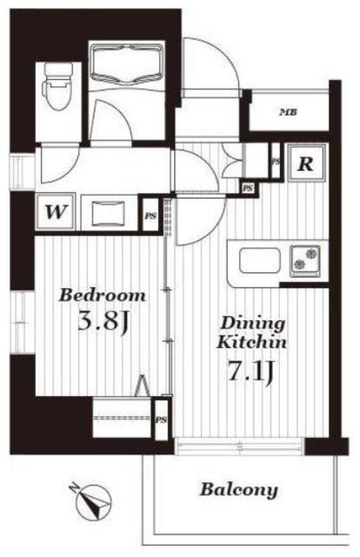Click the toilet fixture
pyautogui.click(x=57, y=86)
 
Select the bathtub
pyautogui.click(x=126, y=64)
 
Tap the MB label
pyautogui.click(x=288, y=113)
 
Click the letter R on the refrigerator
pyautogui.click(x=306, y=164)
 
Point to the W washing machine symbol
pyautogui.click(x=56, y=212)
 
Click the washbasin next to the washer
pyautogui.click(x=109, y=213)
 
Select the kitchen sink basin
pyautogui.click(x=260, y=260)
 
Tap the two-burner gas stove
pyautogui.click(x=305, y=260)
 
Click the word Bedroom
pyautogui.click(x=102, y=296)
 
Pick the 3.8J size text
pyautogui.click(x=102, y=322)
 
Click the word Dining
pyautogui.click(x=252, y=324)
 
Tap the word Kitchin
pyautogui.click(x=251, y=342)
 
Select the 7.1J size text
pyautogui.click(x=251, y=371)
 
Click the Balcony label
pyautogui.click(x=238, y=490)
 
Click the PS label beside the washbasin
pyautogui.click(x=151, y=216)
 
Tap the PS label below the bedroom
pyautogui.click(x=161, y=419)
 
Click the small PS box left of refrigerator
pyautogui.click(x=248, y=188)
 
